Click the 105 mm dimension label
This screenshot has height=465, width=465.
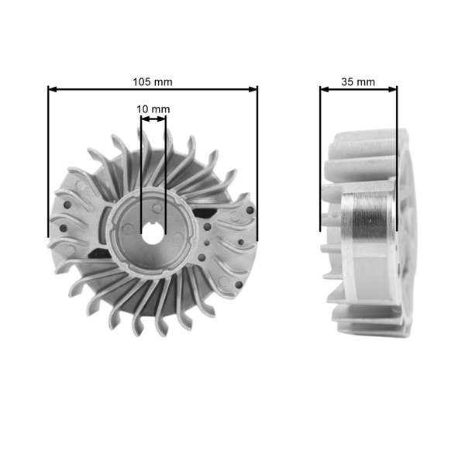[x=153, y=81]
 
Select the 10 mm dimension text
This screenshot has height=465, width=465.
[x=153, y=109]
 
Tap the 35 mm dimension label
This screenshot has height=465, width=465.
[x=359, y=81]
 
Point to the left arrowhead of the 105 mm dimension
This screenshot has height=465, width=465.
[x=52, y=89]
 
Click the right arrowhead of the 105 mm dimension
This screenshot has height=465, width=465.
[x=253, y=89]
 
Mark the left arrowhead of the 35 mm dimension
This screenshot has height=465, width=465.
[x=324, y=89]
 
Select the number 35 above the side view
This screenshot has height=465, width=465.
[x=348, y=81]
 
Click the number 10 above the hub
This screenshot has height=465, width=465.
[x=142, y=109]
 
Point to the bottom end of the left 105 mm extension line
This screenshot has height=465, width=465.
[x=48, y=236]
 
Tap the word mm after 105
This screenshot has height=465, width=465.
[x=163, y=81]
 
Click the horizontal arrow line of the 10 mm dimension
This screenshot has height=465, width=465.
[x=153, y=119]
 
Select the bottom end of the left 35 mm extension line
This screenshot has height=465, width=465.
[x=320, y=229]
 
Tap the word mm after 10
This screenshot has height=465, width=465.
[x=160, y=109]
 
